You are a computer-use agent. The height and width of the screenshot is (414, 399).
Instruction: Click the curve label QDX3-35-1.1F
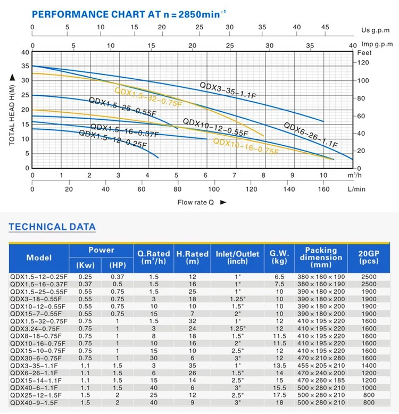coord(228,90)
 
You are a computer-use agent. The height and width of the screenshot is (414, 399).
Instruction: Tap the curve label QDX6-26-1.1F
coord(311,135)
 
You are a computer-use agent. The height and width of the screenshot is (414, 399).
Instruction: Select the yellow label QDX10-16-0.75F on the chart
coord(246,146)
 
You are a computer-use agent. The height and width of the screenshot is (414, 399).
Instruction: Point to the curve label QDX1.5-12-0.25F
coord(112,139)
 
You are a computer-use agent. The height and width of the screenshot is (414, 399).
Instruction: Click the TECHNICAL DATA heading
coord(52,227)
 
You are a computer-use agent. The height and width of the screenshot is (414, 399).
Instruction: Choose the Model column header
coord(39,258)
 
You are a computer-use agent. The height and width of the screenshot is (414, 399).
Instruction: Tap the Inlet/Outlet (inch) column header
coord(237,258)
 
